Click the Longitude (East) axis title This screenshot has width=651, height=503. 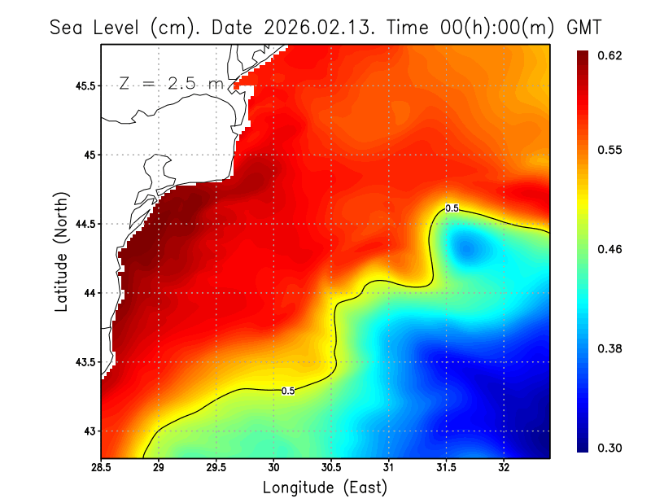(325, 488)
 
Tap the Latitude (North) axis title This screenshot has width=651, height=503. (61, 252)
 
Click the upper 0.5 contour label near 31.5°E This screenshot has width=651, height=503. (452, 208)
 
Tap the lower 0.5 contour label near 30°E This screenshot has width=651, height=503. (287, 391)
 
